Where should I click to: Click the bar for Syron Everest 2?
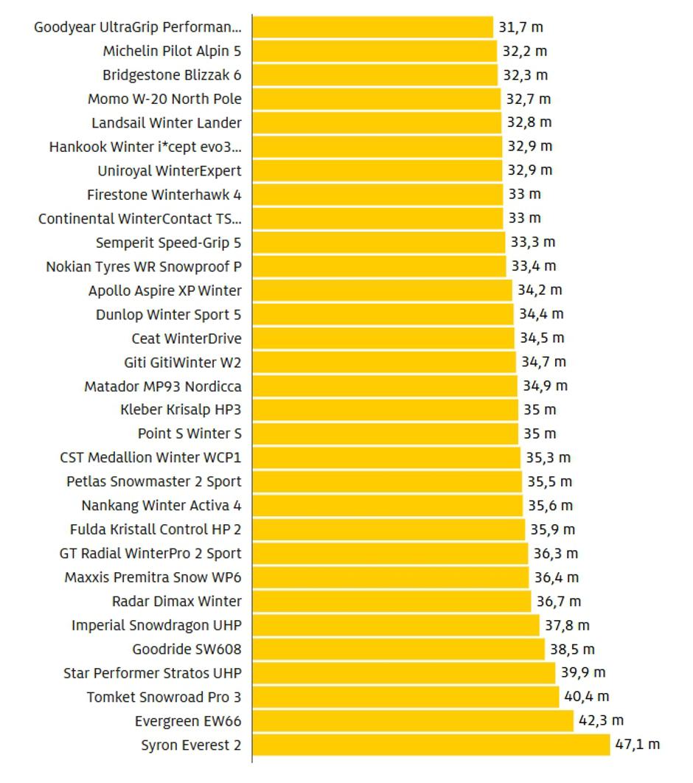coord(431,745)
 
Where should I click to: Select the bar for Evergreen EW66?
coord(413,720)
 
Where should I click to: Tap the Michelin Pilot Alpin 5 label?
coord(172,52)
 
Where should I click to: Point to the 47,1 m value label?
coord(638,745)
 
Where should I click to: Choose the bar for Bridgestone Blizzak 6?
coord(375,75)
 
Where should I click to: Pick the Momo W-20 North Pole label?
coord(164,99)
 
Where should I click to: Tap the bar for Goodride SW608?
coord(398,650)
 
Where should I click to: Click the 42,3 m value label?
coord(601,720)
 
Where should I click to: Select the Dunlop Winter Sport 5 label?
coord(168,315)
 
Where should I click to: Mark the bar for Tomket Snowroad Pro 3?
coord(405,697)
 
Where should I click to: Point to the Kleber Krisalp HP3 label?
coord(181,410)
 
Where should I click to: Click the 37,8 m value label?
coord(567,625)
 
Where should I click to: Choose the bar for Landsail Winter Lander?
coord(377,122)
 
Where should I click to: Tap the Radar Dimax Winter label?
coord(176,601)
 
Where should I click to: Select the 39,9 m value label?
coord(582,672)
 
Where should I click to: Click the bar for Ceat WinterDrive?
coord(383,338)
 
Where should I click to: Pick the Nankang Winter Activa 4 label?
coord(161,506)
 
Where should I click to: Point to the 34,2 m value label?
coord(540,290)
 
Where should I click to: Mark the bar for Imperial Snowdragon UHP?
coord(396,625)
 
